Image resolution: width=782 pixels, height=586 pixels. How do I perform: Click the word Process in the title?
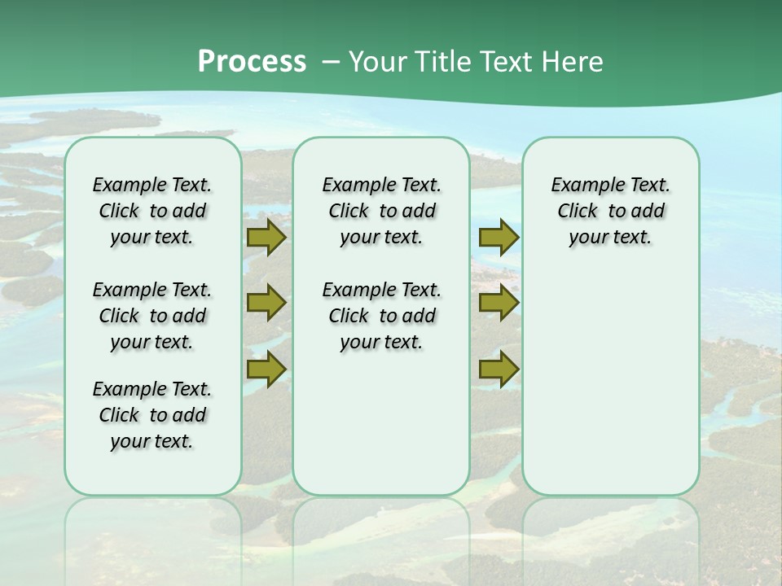pyautogui.click(x=252, y=62)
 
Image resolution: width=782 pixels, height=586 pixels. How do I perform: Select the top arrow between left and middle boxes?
pyautogui.click(x=266, y=238)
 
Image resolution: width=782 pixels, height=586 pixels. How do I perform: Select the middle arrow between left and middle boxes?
pyautogui.click(x=266, y=303)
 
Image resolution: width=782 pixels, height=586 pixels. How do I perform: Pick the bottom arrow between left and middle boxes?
pyautogui.click(x=266, y=370)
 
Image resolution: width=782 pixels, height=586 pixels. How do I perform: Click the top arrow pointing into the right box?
pyautogui.click(x=499, y=238)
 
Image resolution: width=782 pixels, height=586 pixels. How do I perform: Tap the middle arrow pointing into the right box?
pyautogui.click(x=499, y=303)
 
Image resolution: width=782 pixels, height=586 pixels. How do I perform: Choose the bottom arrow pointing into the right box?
pyautogui.click(x=499, y=370)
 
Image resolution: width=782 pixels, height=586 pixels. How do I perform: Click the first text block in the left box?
pyautogui.click(x=152, y=211)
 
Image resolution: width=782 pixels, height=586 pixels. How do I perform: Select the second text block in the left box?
pyautogui.click(x=152, y=316)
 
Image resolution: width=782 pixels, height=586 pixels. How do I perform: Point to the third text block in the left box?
pyautogui.click(x=152, y=415)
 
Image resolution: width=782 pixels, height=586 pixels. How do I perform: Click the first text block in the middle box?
pyautogui.click(x=381, y=211)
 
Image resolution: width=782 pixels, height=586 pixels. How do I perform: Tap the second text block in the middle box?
pyautogui.click(x=381, y=316)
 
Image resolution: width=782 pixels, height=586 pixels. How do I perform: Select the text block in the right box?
pyautogui.click(x=610, y=211)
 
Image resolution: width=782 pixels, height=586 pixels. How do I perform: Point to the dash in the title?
pyautogui.click(x=331, y=62)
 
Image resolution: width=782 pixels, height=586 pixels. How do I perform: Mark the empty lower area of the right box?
pyautogui.click(x=610, y=383)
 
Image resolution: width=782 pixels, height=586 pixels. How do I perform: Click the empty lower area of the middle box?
pyautogui.click(x=381, y=423)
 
